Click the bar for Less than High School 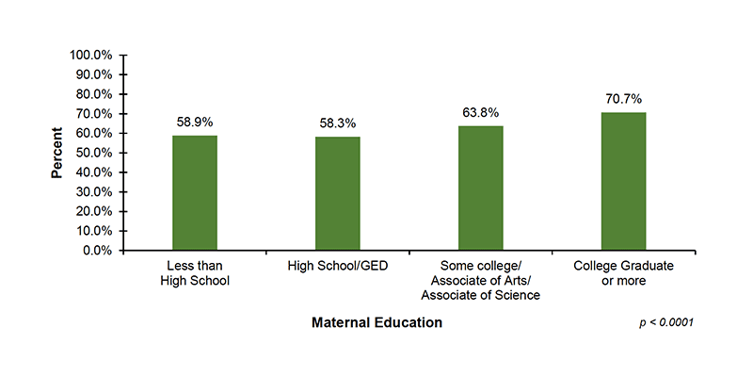pos(195,193)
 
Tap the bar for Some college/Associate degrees pos(480,188)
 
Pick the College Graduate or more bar pos(623,182)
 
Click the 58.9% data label pos(195,123)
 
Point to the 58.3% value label pos(337,123)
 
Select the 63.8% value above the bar pos(480,112)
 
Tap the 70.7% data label pos(623,99)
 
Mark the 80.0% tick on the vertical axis pos(94,94)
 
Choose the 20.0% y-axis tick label pos(94,212)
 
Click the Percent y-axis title pos(57,153)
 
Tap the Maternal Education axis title pos(376,323)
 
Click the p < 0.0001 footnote pos(665,323)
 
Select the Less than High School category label pos(195,273)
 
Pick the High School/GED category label pos(337,267)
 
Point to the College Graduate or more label pos(623,273)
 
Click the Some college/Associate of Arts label pos(480,281)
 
